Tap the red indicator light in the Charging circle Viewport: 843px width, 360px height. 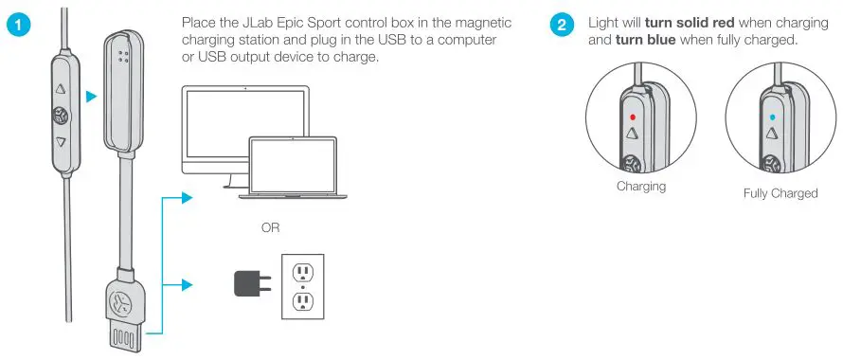tap(633, 117)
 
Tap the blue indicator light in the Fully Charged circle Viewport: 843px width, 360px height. tap(772, 117)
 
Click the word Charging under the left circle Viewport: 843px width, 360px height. tap(640, 187)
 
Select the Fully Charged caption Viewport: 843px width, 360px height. tap(780, 193)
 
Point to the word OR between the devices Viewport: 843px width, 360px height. tap(270, 228)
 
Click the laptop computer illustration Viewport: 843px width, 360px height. tap(293, 166)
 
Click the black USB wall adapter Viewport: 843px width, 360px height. tap(250, 284)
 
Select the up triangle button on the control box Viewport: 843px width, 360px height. tap(61, 92)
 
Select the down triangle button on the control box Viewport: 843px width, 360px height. tap(61, 143)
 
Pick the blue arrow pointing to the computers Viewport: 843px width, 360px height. tap(188, 198)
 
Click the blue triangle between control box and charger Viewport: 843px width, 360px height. tap(89, 95)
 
